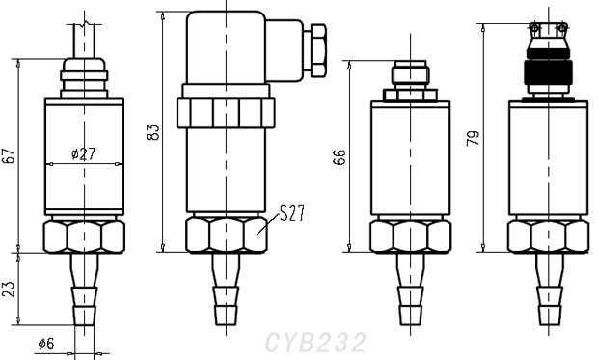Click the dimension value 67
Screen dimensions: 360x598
[10, 155]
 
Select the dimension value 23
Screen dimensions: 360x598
[10, 288]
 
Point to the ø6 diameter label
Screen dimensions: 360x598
[46, 344]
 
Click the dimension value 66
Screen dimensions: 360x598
[340, 156]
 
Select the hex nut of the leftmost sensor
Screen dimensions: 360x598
[85, 235]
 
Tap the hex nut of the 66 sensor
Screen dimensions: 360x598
[411, 235]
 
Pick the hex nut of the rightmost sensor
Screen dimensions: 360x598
[548, 235]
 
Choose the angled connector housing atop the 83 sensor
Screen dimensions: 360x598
[241, 48]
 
